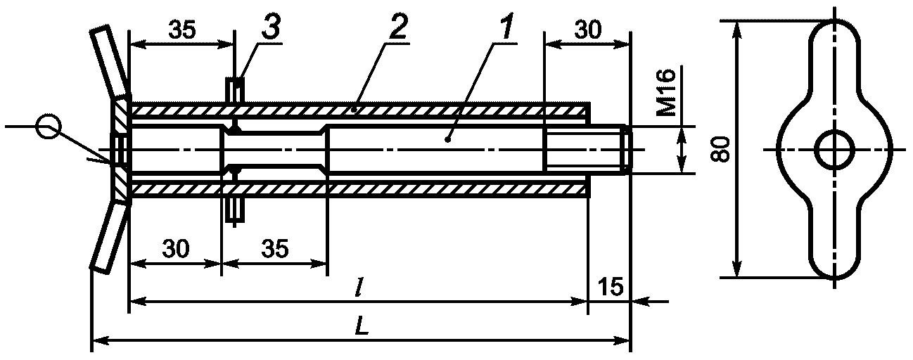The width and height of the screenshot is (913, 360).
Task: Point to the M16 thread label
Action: tap(669, 92)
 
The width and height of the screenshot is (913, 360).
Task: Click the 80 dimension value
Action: tap(719, 148)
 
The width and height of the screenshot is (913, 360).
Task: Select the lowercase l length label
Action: tap(359, 288)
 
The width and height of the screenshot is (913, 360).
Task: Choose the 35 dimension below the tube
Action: tap(274, 250)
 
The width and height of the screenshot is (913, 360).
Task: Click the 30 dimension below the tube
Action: tap(174, 250)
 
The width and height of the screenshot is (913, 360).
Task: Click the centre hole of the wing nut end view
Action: tap(834, 149)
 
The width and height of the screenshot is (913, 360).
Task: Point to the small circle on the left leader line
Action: tap(49, 127)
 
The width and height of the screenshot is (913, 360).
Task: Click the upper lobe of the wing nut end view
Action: tap(834, 56)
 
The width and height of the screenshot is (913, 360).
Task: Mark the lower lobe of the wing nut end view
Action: tap(834, 243)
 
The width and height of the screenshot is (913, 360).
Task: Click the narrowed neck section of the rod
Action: tap(274, 149)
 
